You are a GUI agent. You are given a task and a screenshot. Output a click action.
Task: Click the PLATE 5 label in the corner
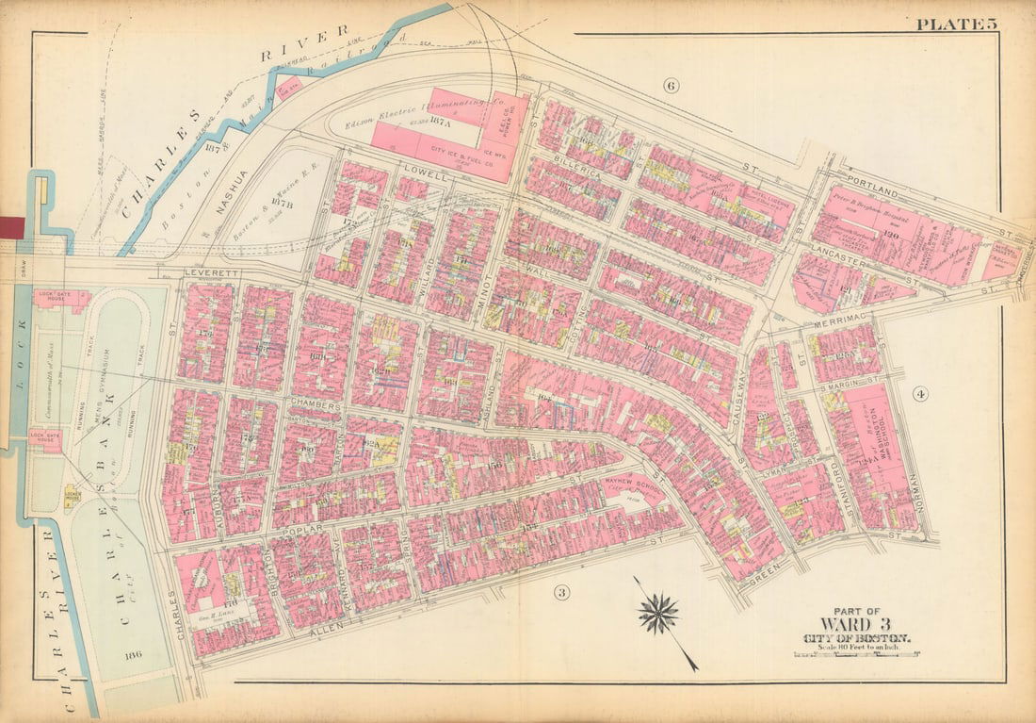(955, 24)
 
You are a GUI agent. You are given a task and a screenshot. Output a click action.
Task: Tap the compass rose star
(658, 614)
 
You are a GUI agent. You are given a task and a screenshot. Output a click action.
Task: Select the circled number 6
(671, 87)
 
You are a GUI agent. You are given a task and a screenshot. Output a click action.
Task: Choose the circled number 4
(920, 393)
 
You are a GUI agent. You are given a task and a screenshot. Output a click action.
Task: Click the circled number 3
(562, 592)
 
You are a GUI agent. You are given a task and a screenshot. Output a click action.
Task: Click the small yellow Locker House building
(72, 494)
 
